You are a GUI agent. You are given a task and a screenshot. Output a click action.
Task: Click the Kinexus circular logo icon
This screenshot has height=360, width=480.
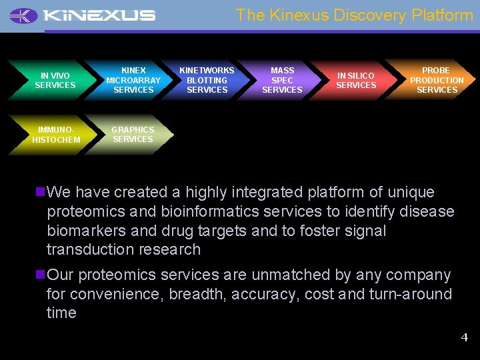click(x=24, y=15)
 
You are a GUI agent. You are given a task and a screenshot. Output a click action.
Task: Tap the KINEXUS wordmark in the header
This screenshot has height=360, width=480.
click(x=98, y=15)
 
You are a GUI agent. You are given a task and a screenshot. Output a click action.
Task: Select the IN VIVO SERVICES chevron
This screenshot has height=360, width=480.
click(x=55, y=80)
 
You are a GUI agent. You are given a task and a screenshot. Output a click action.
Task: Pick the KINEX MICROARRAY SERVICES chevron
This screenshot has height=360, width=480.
click(x=133, y=80)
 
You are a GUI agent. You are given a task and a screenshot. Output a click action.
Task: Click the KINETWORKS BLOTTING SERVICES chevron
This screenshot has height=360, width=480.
click(x=207, y=80)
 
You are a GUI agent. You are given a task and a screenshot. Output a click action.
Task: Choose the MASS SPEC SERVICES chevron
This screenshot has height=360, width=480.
click(x=282, y=80)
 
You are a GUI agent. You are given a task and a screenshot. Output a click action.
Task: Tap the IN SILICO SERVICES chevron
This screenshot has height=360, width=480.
click(x=355, y=80)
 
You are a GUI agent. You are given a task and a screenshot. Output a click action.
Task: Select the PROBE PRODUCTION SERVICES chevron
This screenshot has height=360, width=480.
click(x=437, y=80)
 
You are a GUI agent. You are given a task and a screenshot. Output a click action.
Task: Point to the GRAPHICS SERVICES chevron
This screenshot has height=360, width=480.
click(x=133, y=134)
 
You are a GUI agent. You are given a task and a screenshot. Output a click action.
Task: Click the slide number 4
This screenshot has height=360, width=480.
click(x=465, y=337)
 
